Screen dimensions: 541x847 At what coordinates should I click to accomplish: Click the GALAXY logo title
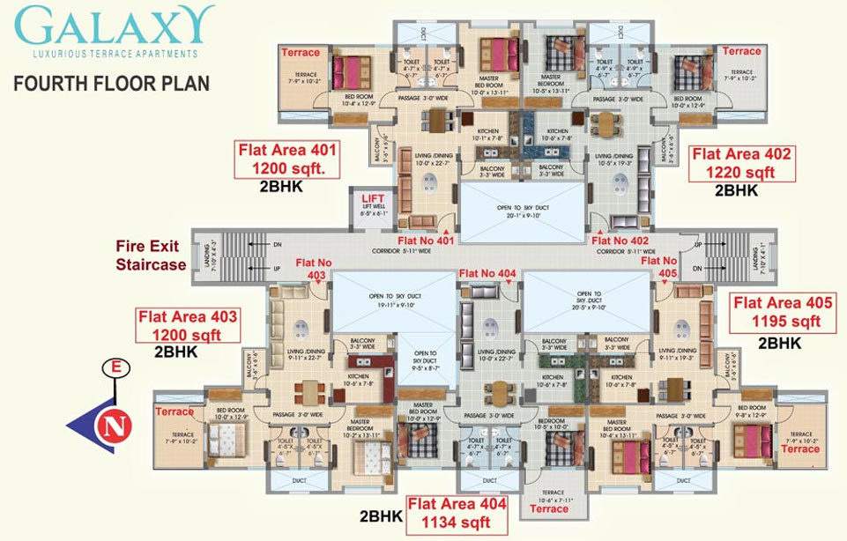[x=115, y=26]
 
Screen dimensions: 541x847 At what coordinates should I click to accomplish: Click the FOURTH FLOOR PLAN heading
[x=111, y=85]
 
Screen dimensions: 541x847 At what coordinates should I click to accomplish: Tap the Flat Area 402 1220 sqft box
[x=743, y=163]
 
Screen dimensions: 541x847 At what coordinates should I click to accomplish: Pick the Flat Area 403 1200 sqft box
[x=186, y=324]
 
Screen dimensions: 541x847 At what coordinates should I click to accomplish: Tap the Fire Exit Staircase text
[x=151, y=256]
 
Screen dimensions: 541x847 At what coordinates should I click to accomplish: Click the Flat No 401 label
[x=425, y=239]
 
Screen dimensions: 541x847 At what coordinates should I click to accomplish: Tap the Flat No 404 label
[x=487, y=274]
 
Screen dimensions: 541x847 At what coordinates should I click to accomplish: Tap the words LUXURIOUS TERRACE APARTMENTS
[x=115, y=55]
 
